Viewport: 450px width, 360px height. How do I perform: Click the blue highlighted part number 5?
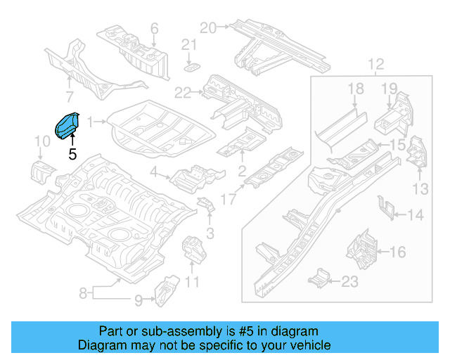pos(67,126)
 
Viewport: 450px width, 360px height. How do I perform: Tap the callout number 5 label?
pos(72,153)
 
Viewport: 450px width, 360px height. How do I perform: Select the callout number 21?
pos(187,46)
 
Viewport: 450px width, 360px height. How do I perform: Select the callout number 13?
pos(420,188)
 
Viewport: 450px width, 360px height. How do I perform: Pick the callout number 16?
pos(397,251)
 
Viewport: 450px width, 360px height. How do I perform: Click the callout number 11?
pos(192,283)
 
